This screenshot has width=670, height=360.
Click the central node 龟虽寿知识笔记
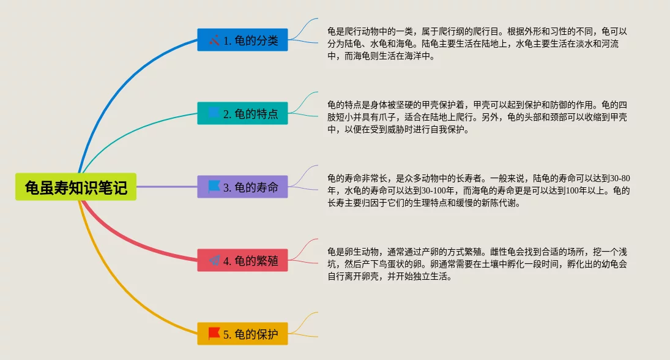[76, 187]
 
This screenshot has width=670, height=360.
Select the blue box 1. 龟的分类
[242, 40]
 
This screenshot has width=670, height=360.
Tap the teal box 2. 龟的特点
[242, 113]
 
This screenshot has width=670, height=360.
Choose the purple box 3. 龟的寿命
[242, 187]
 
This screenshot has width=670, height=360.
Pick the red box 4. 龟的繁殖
[242, 260]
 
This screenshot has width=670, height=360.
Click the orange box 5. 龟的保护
[242, 334]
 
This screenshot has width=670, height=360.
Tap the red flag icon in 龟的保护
[214, 334]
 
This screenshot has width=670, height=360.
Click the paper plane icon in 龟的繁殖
[214, 260]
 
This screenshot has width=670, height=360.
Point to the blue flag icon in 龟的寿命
[214, 186]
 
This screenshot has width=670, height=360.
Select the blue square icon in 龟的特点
[214, 113]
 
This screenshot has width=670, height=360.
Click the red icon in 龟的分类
[214, 40]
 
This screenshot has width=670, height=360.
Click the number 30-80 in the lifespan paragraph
[620, 179]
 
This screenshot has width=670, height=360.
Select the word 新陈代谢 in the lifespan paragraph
[499, 203]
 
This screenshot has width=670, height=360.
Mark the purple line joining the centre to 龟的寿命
[166, 187]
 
